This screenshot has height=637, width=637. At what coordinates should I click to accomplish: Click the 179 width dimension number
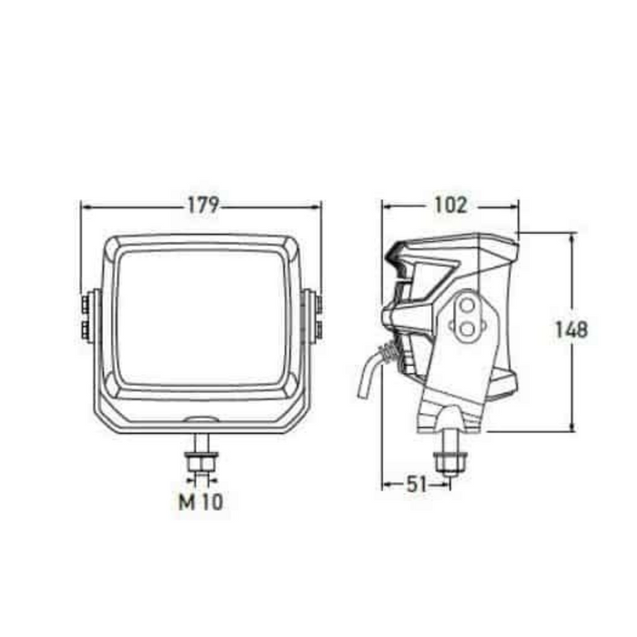click(202, 205)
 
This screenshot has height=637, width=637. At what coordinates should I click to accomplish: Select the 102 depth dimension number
click(450, 205)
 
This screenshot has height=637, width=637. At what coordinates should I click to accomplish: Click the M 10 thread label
click(201, 501)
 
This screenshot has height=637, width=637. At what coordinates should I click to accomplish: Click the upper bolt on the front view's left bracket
click(85, 301)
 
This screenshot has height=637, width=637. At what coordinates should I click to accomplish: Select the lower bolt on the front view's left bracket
click(85, 328)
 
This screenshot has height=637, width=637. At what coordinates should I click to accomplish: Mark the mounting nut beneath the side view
click(450, 461)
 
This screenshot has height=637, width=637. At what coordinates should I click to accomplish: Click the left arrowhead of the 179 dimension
click(86, 206)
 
